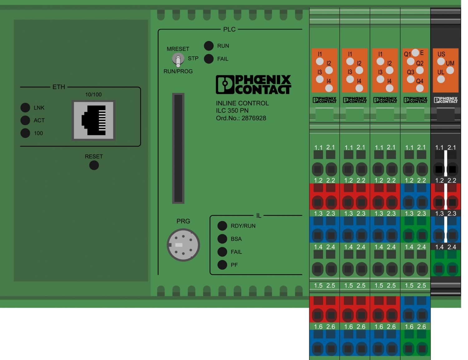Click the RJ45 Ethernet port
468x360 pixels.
point(94,120)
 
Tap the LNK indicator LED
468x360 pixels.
point(25,107)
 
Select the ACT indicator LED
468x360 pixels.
point(25,120)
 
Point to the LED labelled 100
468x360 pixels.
point(25,133)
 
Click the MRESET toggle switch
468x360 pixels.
point(178,59)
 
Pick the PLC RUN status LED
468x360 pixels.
point(209,46)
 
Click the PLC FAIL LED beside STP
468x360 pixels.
point(209,59)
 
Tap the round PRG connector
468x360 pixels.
point(183,245)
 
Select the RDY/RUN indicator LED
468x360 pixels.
point(222,225)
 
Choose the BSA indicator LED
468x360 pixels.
point(222,239)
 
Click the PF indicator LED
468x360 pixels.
point(222,265)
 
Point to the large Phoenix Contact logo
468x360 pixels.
point(253,84)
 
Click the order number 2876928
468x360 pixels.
point(254,118)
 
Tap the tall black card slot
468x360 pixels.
point(178,148)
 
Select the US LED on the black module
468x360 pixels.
point(441,62)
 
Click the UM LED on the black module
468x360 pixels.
point(450,70)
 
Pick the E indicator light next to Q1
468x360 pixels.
point(415,52)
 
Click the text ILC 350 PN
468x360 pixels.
point(232,111)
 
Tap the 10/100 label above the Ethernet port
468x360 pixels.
point(93,94)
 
